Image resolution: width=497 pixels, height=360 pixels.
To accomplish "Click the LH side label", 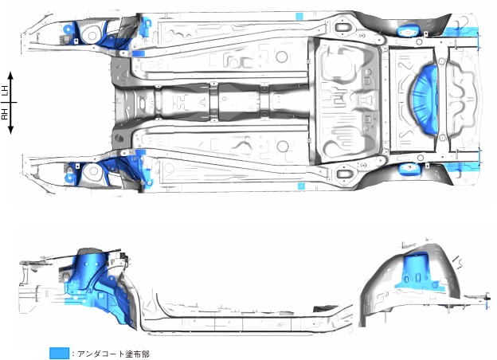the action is click(6, 91).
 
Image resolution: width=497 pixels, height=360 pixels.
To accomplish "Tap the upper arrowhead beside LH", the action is click(12, 73).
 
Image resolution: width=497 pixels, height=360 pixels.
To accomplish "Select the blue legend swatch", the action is click(58, 353).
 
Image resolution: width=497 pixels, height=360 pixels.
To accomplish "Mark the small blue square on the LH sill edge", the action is click(299, 16).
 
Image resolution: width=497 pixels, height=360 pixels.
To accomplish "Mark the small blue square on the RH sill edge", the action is click(301, 186).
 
